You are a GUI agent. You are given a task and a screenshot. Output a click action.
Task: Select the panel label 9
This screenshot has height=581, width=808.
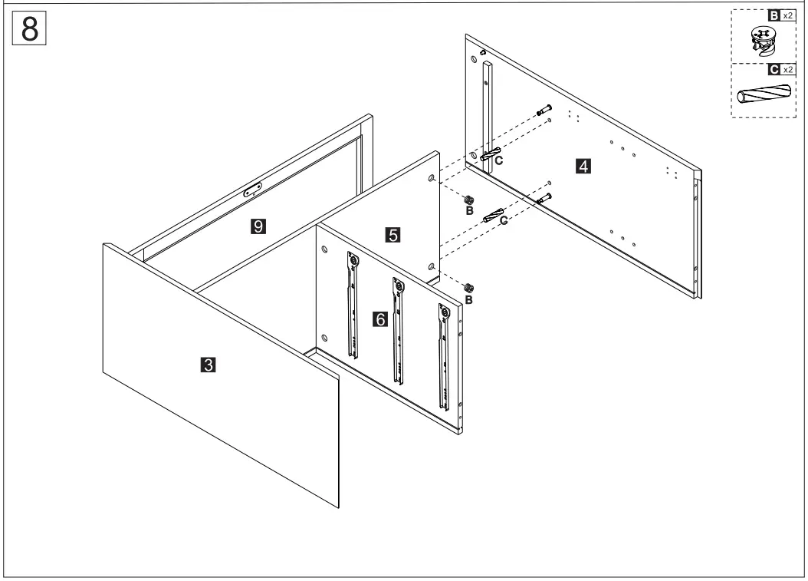tap(258, 225)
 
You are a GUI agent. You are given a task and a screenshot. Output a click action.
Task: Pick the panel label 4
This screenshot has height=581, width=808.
tap(583, 165)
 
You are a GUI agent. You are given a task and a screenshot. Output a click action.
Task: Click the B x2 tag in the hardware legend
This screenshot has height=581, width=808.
tap(780, 15)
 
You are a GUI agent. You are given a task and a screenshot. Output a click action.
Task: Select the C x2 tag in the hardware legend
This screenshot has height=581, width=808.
tap(780, 69)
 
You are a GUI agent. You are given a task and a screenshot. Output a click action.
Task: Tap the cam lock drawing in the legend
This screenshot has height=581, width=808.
tap(763, 42)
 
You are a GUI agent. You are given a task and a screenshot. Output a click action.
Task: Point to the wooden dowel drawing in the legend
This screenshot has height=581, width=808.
tap(763, 96)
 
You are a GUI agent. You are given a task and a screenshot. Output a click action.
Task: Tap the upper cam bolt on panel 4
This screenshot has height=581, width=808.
tap(544, 109)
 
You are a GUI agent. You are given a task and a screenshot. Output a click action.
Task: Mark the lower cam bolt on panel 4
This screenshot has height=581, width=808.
tap(544, 199)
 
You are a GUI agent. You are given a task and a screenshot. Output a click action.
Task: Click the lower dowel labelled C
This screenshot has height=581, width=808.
tap(492, 213)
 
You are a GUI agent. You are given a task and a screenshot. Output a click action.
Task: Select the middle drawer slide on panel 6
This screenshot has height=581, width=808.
tap(397, 330)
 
